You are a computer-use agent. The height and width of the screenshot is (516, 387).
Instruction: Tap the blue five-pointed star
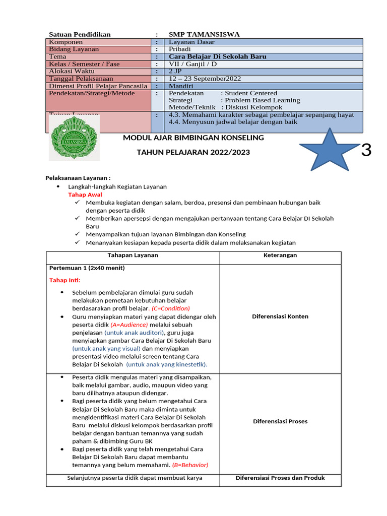tap(330, 150)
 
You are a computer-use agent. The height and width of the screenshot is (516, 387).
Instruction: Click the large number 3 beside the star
tap(366, 150)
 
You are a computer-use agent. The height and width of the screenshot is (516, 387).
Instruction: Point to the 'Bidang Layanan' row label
tap(74, 49)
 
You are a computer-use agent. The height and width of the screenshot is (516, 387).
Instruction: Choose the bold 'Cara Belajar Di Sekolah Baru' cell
tap(217, 57)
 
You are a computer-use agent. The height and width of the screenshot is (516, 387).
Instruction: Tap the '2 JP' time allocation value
tap(176, 72)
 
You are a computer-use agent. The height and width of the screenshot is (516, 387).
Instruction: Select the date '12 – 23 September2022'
tap(205, 79)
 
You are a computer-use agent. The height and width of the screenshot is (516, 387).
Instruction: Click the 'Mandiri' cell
tap(181, 86)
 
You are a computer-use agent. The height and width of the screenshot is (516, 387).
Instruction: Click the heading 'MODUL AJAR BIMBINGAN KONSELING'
tap(193, 138)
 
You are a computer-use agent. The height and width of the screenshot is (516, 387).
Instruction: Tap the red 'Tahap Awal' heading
tap(85, 195)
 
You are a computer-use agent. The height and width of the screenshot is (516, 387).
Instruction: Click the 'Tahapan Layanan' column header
tap(133, 255)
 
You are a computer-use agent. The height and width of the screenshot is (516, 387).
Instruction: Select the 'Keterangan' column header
tap(280, 255)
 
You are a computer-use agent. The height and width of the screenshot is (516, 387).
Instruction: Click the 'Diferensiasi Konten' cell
tap(280, 316)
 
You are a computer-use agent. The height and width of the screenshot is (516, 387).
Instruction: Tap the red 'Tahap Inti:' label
tap(64, 280)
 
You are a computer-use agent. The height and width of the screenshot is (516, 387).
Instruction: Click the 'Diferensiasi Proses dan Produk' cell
tap(280, 478)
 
